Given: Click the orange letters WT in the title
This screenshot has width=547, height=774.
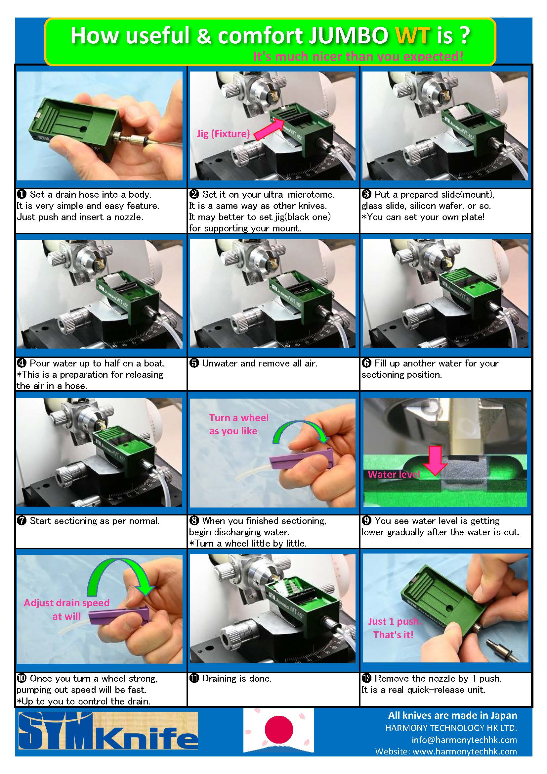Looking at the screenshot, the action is coord(412,35).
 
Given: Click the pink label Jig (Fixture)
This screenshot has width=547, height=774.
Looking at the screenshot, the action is coord(223,134).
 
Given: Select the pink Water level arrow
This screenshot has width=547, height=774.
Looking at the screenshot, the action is coord(435,460).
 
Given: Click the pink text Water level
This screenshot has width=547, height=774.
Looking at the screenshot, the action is coord(394,474).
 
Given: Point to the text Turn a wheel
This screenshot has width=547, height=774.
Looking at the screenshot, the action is coord(239,418).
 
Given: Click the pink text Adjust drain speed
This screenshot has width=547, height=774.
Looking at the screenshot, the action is coord(67,603).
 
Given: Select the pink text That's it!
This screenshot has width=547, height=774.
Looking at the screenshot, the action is coord(393,635).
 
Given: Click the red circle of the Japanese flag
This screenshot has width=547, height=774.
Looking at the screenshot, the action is coord(278,729).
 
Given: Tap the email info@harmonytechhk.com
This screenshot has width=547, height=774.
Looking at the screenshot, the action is coord(464,740).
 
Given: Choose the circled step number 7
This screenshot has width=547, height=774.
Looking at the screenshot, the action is coord(21,521).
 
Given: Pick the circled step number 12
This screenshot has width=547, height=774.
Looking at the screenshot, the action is coord(366,678).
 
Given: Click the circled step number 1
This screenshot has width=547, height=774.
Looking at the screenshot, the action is coord(21,195).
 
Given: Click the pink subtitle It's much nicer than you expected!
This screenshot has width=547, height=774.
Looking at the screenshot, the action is coord(358,56).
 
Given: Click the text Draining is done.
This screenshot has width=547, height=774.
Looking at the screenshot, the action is coord(237,678).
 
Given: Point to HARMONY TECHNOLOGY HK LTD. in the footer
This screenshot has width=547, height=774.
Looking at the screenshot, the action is coord(451,728).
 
